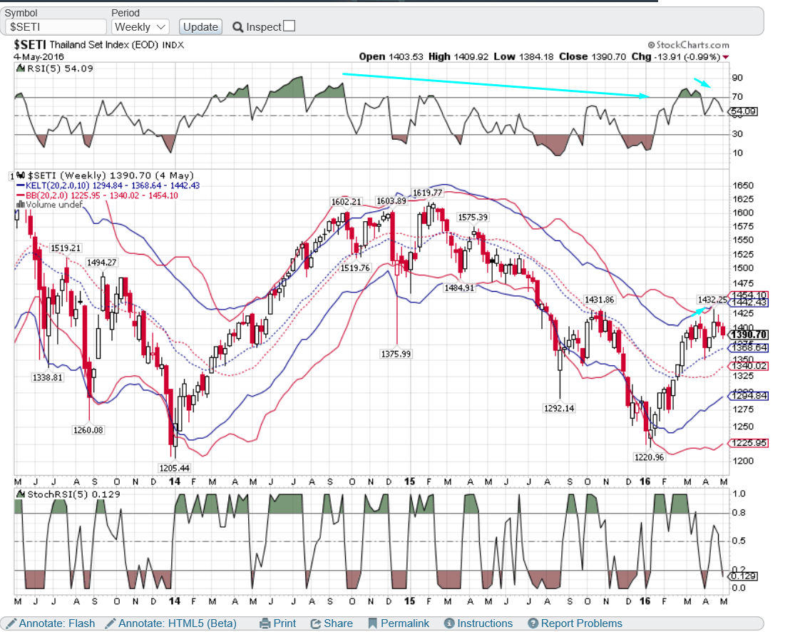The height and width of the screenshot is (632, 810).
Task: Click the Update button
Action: click(200, 26)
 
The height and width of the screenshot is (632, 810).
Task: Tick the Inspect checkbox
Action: click(289, 26)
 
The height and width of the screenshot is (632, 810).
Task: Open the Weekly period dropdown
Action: click(140, 26)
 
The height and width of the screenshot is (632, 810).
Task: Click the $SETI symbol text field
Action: click(55, 26)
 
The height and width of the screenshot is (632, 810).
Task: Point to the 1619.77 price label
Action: click(428, 193)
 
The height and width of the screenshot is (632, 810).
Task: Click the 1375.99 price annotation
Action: click(396, 354)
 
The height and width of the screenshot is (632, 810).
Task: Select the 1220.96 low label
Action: click(649, 457)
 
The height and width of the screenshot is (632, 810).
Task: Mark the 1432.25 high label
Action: click(712, 300)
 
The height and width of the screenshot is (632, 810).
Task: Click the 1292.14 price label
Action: click(559, 409)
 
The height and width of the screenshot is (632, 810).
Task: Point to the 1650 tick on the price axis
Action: click(744, 185)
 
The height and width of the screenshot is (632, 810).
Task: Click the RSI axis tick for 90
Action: click(737, 78)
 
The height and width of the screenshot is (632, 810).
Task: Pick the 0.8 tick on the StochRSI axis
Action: click(739, 512)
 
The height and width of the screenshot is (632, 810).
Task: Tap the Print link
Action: click(278, 623)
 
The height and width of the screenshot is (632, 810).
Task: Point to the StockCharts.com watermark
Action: click(688, 45)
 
